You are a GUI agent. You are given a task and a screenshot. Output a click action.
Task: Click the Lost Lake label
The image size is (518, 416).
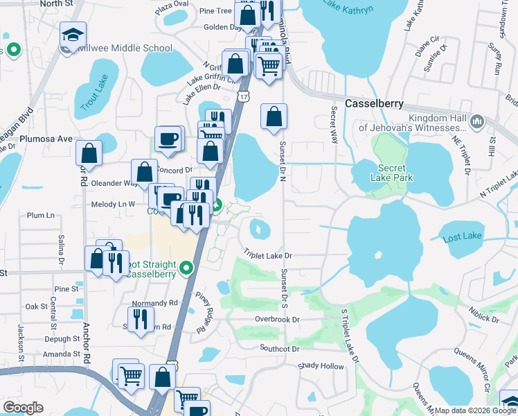pyautogui.click(x=462, y=236)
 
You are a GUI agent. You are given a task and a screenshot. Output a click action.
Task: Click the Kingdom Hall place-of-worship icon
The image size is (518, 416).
pyautogui.click(x=476, y=122)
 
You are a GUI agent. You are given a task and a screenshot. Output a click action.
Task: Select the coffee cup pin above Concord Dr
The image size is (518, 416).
pyautogui.click(x=168, y=139)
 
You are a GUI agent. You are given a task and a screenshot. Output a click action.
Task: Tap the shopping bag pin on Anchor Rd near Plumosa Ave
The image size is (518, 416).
pyautogui.click(x=89, y=152)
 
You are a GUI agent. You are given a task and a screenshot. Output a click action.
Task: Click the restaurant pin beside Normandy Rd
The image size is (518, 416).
pyautogui.click(x=141, y=318)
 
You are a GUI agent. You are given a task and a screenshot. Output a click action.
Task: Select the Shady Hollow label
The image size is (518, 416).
pyautogui.click(x=320, y=365)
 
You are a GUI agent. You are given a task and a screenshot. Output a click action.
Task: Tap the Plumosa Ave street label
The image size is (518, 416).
pyautogui.click(x=46, y=139)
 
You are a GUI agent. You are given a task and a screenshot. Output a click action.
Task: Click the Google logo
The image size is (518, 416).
pyautogui.click(x=23, y=407)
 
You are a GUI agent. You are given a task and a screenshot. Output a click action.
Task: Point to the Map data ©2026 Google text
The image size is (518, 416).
pyautogui.click(x=474, y=410)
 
